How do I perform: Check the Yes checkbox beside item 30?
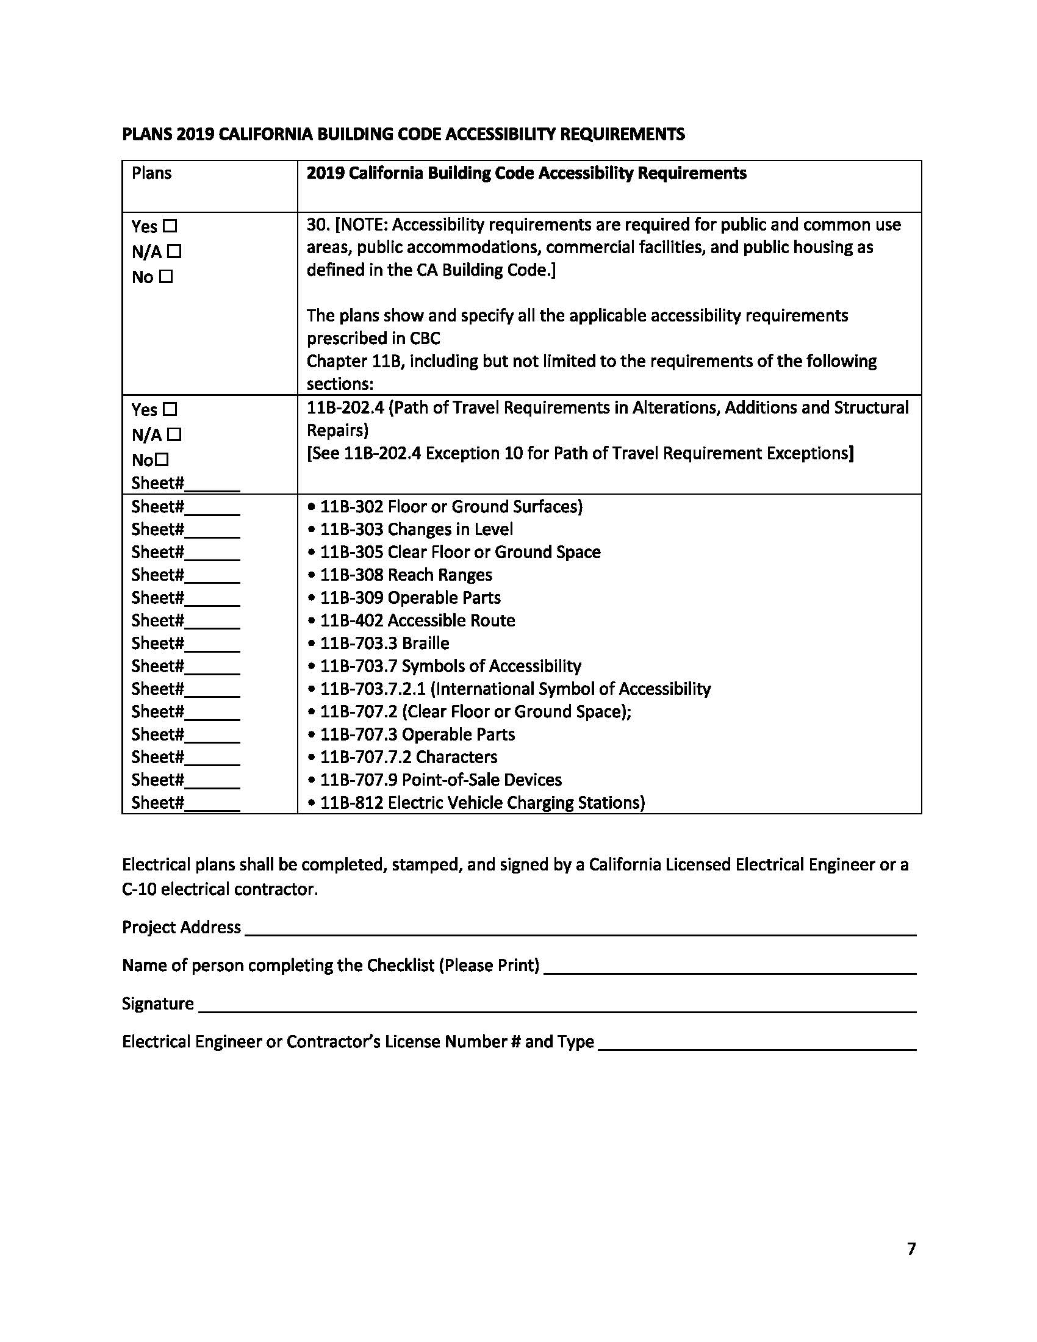[170, 226]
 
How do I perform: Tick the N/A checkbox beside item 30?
[174, 251]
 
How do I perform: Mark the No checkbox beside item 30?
[166, 277]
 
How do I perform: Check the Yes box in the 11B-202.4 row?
[170, 409]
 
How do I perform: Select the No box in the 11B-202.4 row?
[162, 459]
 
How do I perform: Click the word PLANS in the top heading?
[147, 134]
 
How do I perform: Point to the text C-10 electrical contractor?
[220, 889]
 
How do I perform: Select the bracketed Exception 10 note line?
[579, 453]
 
